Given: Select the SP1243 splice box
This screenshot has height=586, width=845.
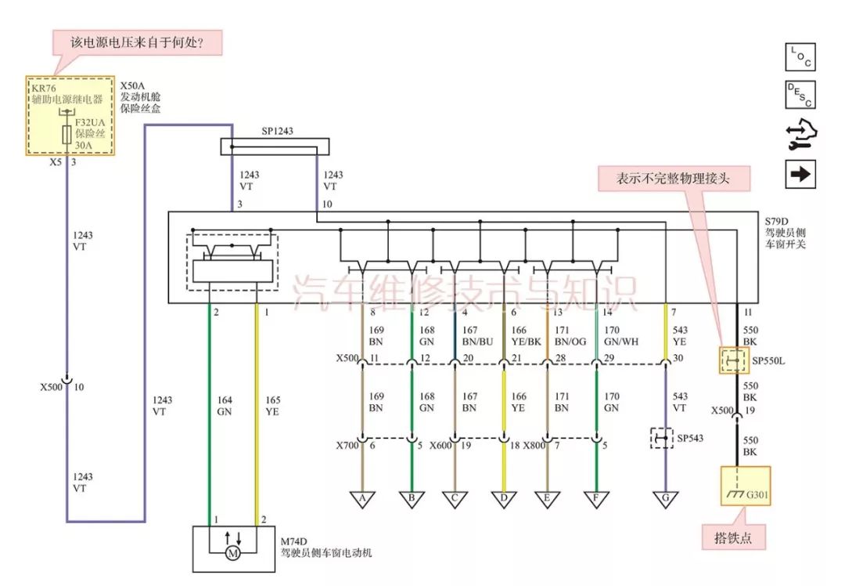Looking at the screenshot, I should click(x=275, y=146).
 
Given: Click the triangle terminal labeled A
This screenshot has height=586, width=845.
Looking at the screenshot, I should click(x=362, y=498).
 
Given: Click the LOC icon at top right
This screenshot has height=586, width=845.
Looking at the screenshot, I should click(x=800, y=57).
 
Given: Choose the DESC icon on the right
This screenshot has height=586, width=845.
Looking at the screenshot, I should click(x=800, y=94).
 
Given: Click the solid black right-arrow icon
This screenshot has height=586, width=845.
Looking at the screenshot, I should click(x=800, y=174).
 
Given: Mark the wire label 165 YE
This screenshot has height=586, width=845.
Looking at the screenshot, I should click(x=272, y=405).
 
